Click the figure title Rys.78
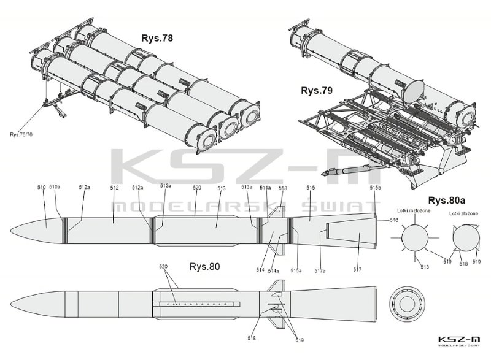(158, 39)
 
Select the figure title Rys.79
(317, 91)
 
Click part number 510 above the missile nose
(42, 187)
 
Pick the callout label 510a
(55, 187)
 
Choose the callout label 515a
(296, 270)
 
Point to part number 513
(222, 187)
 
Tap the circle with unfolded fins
(412, 236)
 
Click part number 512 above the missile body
(114, 187)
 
